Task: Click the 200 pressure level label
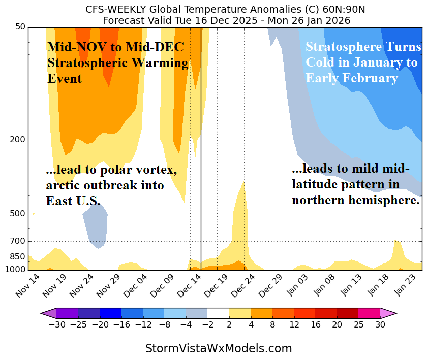pyautogui.click(x=18, y=140)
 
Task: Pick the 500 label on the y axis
pyautogui.click(x=18, y=214)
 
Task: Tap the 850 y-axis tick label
pyautogui.click(x=18, y=257)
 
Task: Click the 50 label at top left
pyautogui.click(x=20, y=27)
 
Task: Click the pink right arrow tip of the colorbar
pyautogui.click(x=391, y=313)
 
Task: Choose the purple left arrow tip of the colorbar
pyautogui.click(x=47, y=313)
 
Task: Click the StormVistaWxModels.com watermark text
pyautogui.click(x=219, y=349)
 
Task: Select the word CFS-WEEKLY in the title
pyautogui.click(x=115, y=10)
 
